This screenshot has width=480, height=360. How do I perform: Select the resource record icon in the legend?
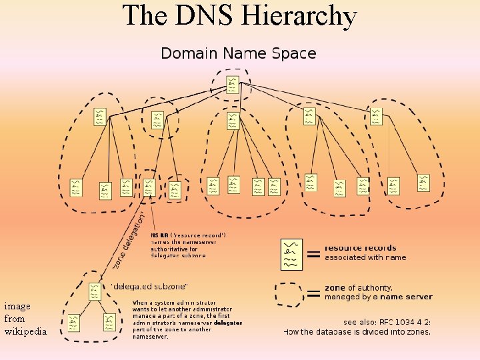(292, 254)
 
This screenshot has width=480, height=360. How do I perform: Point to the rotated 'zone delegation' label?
(131, 240)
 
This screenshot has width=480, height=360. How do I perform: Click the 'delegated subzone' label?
(149, 287)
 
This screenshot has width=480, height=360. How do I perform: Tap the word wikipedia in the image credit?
(25, 331)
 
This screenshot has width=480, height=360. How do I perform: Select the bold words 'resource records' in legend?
(360, 248)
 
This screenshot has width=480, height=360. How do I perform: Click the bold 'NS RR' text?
(159, 235)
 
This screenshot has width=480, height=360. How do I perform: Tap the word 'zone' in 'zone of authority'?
(335, 287)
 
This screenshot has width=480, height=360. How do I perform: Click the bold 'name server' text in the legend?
(407, 297)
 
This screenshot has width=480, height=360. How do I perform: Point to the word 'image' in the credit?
(17, 306)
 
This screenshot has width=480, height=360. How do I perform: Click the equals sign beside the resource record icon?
(312, 254)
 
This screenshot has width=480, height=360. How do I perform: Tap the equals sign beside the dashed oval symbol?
(312, 293)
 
